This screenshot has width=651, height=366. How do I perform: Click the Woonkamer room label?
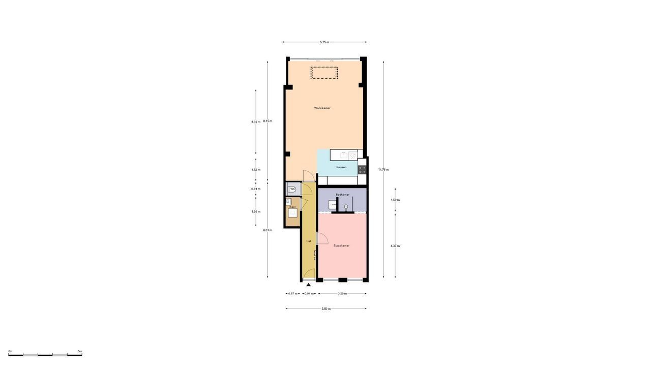(x=322, y=108)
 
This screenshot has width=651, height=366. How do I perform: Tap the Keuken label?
(x=341, y=167)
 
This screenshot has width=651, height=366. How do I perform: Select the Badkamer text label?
(x=342, y=195)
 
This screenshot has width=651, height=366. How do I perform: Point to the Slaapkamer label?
(x=341, y=246)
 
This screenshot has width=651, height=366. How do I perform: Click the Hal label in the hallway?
(x=308, y=241)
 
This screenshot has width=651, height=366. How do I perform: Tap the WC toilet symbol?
(x=292, y=189)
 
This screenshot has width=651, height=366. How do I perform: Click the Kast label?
(x=292, y=207)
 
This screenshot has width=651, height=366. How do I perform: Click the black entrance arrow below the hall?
(x=308, y=285)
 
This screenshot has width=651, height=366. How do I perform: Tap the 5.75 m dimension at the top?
(x=324, y=42)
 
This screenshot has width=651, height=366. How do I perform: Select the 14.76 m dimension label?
(x=383, y=169)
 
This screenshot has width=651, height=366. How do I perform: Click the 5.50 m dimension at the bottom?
(x=326, y=309)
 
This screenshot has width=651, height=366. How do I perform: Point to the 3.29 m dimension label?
(x=342, y=294)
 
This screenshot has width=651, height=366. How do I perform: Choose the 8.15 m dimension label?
(x=268, y=121)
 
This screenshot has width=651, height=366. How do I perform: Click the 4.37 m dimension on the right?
(x=395, y=246)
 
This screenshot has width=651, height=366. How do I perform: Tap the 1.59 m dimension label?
(x=395, y=200)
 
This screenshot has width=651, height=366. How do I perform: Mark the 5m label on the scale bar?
(x=80, y=351)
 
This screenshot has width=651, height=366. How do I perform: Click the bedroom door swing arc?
(x=322, y=237)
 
